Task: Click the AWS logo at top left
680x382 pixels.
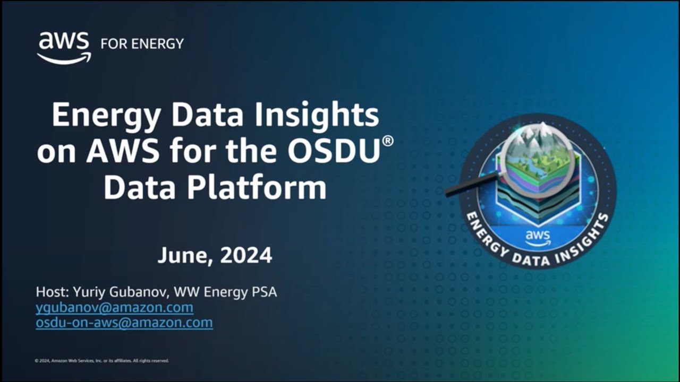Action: tap(64, 48)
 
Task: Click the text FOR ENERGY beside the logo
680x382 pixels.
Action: tap(142, 44)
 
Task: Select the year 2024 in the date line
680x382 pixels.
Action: tap(246, 256)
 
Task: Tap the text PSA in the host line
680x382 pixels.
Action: tap(263, 292)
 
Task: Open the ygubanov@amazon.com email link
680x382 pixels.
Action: tap(114, 307)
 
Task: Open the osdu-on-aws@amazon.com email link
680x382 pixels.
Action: tap(124, 323)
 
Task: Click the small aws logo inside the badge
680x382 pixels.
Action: tap(538, 238)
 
